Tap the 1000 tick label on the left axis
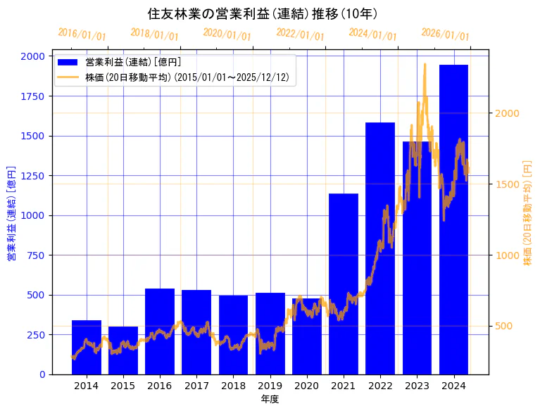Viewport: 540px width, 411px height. (x=33, y=215)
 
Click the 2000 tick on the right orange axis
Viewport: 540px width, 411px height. (x=508, y=113)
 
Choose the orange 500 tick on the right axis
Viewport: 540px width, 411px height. (x=505, y=326)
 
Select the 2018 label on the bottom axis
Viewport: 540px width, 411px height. (x=233, y=386)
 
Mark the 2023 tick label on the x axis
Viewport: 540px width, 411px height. (x=417, y=386)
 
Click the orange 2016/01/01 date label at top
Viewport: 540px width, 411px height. (x=82, y=34)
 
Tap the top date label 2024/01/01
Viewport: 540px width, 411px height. (x=372, y=34)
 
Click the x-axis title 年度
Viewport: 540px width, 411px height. (x=270, y=399)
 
